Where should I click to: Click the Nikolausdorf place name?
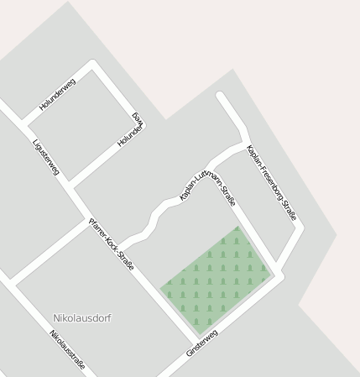click(x=81, y=318)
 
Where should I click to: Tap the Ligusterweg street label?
click(x=45, y=157)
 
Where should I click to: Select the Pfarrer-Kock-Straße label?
click(x=112, y=243)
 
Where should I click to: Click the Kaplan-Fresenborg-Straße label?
click(x=270, y=183)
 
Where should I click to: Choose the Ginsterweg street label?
click(x=202, y=344)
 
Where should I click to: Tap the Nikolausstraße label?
click(x=67, y=350)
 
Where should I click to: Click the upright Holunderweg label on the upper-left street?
click(x=57, y=94)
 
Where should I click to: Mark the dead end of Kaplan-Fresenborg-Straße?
click(x=221, y=96)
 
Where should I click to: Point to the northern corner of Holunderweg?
click(x=92, y=65)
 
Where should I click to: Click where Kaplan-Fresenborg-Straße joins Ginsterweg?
click(x=279, y=274)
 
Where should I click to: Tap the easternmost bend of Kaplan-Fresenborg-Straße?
click(x=300, y=227)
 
